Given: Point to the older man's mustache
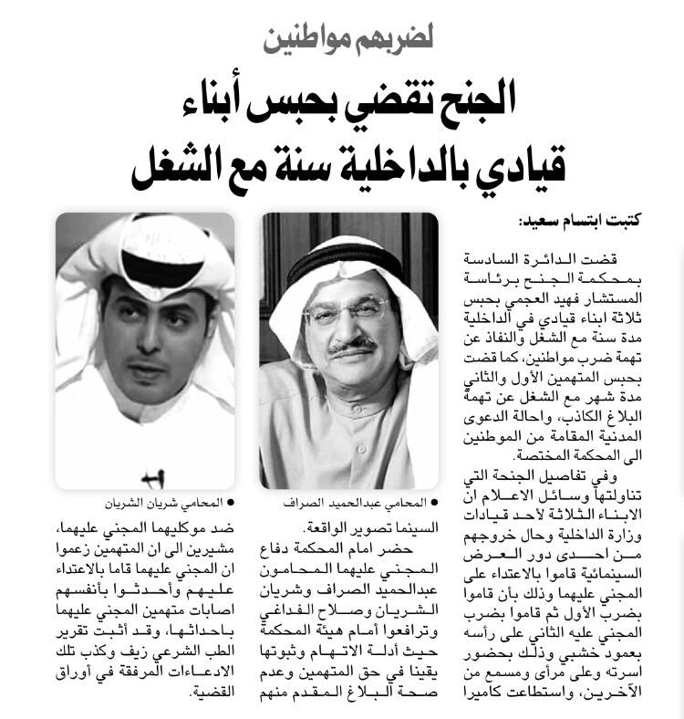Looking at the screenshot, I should coord(354,346).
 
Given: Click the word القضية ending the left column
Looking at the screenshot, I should coord(214,693).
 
